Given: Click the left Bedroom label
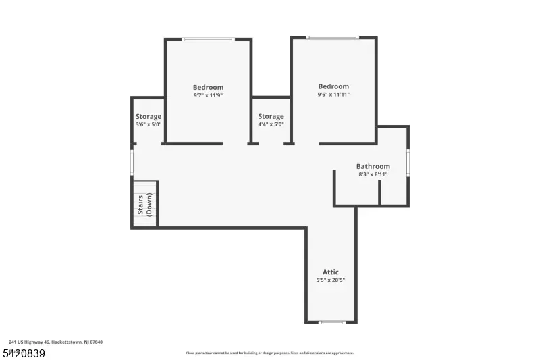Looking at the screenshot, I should pos(208,87).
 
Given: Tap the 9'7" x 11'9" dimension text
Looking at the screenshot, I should pos(208,95).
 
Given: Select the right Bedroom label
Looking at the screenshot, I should pos(333,86).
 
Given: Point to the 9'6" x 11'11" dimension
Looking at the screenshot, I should pos(333,95).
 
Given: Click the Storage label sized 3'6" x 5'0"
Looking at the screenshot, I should pos(148,117).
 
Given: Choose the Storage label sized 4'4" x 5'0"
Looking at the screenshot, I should pos(271,117).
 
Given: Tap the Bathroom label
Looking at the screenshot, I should pos(373,166).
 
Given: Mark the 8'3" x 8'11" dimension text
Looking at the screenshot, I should pos(373,174).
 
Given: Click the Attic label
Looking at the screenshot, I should pos(331,272).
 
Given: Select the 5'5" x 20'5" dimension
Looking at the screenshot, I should pos(331,280).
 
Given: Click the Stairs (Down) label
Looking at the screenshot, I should pos(144,204).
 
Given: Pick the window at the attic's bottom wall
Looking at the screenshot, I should pos(331,322).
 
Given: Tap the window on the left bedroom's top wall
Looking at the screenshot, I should pos(208,39).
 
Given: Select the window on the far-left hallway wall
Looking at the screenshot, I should pos(132,162).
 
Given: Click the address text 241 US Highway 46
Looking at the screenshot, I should pos(55,342).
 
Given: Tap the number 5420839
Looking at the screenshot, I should pos(24,353).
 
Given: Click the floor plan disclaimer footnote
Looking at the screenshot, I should pos(270,353).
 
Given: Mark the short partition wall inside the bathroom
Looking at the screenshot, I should pos(379,192).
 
